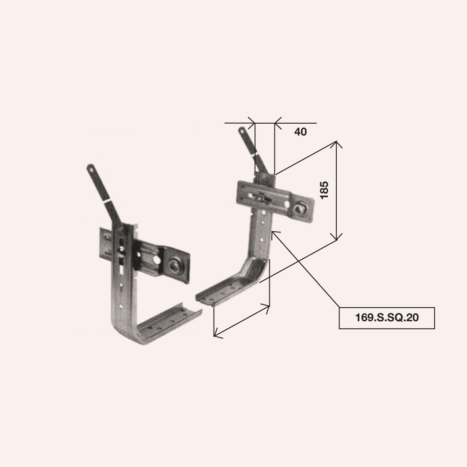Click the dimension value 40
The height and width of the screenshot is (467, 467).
(300, 132)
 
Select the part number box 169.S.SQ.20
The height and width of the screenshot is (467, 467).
(387, 318)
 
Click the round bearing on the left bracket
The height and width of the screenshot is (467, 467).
(173, 265)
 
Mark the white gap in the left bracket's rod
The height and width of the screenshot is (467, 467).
(106, 201)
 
